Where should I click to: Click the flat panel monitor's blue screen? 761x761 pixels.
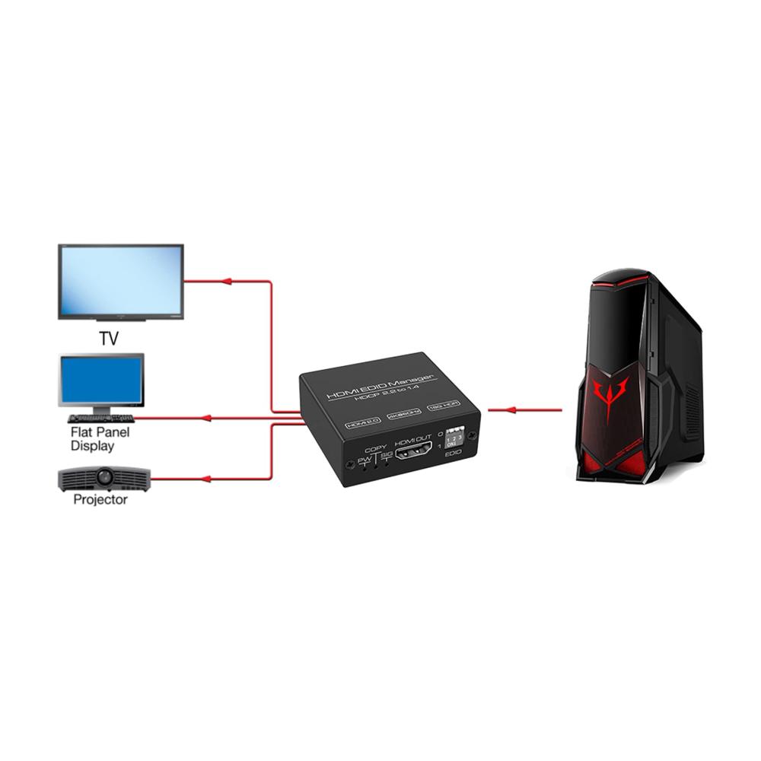tap(101, 380)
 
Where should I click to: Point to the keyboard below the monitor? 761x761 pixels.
tap(100, 418)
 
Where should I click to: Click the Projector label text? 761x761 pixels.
tap(100, 500)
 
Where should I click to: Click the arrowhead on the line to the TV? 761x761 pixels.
tap(225, 281)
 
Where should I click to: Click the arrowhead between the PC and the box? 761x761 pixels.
tap(511, 410)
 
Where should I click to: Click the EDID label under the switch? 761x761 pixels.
tap(454, 458)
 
